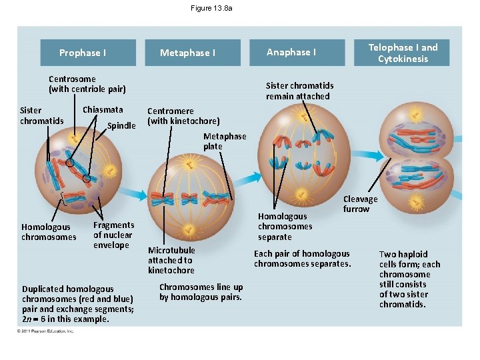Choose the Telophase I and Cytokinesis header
pos(403,53)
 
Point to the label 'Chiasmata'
pos(103,110)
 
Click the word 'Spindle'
pos(121,125)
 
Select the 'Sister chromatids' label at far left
pos(41,115)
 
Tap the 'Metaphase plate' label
pos(224,141)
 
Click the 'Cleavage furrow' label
pos(360,204)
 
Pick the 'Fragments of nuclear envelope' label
pos(113,235)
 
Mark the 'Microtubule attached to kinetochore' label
pos(171,260)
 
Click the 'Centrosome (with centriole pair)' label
pos(87,84)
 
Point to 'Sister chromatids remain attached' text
pos(299,91)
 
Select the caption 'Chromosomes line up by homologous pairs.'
pos(201,292)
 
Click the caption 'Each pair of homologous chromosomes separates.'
pos(302,259)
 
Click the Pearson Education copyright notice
pos(47,331)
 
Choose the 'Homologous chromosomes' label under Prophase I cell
pos(49,232)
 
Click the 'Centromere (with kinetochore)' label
pos(183,116)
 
